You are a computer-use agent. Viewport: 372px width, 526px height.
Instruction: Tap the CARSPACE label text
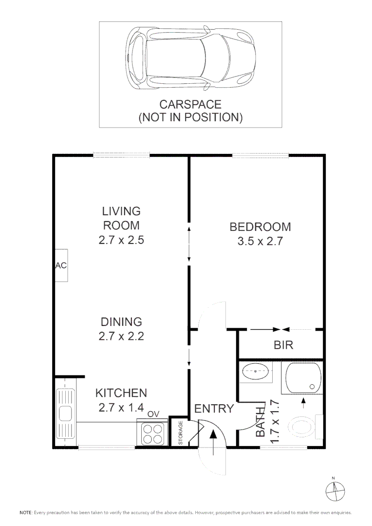point(190,104)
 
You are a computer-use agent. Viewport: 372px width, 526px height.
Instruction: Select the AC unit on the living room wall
point(61,265)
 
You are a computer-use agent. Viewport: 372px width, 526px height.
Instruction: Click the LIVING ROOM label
point(121,218)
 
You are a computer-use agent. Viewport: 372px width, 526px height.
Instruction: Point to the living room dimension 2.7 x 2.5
point(121,240)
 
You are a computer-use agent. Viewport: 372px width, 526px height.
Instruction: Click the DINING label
point(121,321)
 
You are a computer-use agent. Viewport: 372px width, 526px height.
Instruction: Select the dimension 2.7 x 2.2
point(121,336)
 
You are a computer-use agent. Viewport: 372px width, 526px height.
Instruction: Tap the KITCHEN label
point(121,393)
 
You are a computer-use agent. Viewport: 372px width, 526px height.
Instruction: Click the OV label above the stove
point(153,414)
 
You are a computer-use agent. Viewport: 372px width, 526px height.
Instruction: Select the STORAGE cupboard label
point(180,432)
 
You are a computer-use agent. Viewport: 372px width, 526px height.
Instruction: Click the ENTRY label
point(214,409)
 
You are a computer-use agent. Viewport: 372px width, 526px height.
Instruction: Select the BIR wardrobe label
point(283,345)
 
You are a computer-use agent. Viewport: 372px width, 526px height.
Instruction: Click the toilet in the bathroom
point(302,427)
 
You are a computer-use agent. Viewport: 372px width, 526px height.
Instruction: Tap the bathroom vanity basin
point(256,372)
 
